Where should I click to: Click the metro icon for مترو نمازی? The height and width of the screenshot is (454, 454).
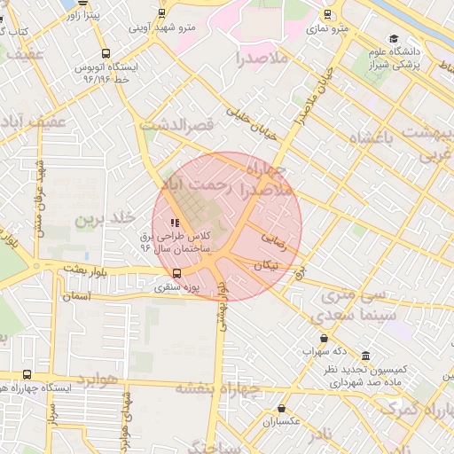click(327, 14)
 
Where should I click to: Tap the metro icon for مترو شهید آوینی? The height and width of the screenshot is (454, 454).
click(160, 12)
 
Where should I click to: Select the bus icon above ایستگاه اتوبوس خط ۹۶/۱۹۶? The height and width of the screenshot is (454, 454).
click(106, 53)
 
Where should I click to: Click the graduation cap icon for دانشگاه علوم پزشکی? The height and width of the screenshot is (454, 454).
click(394, 50)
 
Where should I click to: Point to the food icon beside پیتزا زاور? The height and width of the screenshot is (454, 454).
click(69, 15)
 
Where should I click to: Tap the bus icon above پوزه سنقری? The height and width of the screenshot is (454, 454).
click(176, 273)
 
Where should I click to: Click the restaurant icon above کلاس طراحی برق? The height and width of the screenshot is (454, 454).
click(174, 223)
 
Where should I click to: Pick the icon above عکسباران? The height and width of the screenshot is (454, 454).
click(281, 409)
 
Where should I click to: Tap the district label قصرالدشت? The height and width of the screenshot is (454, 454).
click(184, 126)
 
